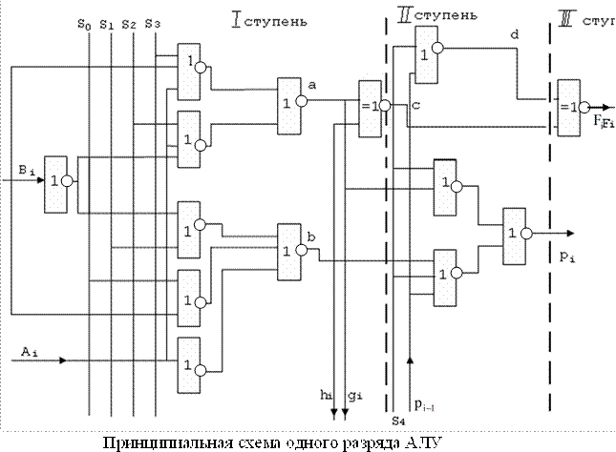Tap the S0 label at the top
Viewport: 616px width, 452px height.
pyautogui.click(x=84, y=23)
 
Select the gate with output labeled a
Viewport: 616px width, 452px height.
pyautogui.click(x=289, y=101)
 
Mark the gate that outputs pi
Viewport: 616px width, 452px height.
pyautogui.click(x=516, y=234)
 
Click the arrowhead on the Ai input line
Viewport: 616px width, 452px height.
pyautogui.click(x=60, y=361)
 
